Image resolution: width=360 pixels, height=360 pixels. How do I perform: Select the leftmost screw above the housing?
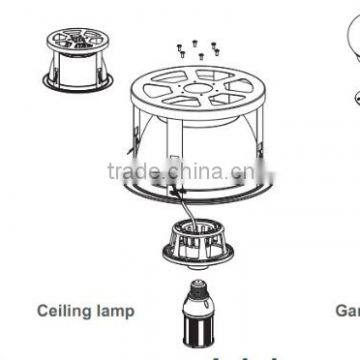173,44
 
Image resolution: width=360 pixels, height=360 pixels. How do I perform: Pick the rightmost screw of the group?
213,43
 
